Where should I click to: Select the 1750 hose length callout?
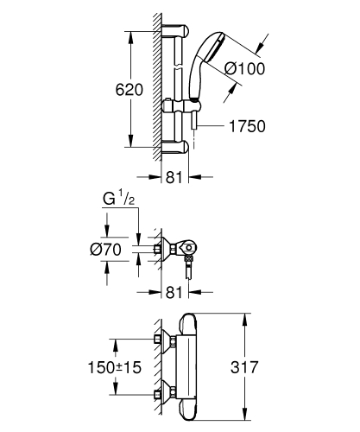(x=245, y=126)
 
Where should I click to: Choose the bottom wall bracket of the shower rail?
(x=175, y=145)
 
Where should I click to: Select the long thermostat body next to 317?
(x=190, y=366)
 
